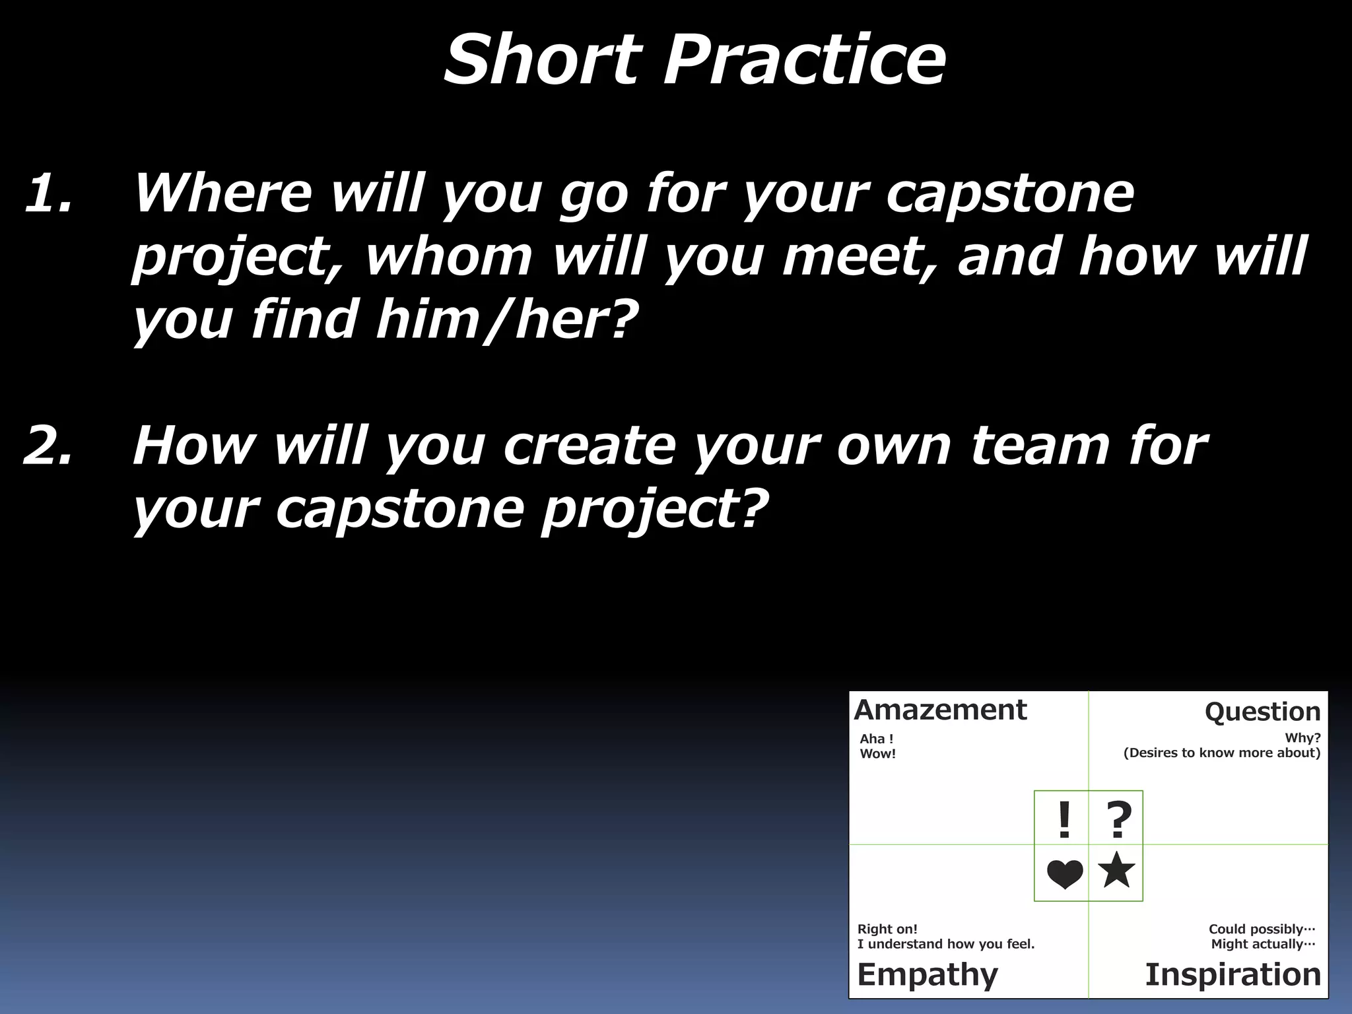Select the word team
point(1040,446)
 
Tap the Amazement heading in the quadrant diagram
point(940,710)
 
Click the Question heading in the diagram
point(1262,712)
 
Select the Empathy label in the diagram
point(928,974)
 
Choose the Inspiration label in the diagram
point(1233,974)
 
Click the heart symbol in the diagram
point(1065,875)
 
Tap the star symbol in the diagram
point(1116,870)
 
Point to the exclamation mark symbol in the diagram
point(1064,820)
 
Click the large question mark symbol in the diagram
point(1118,820)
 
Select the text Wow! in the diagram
point(877,754)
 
